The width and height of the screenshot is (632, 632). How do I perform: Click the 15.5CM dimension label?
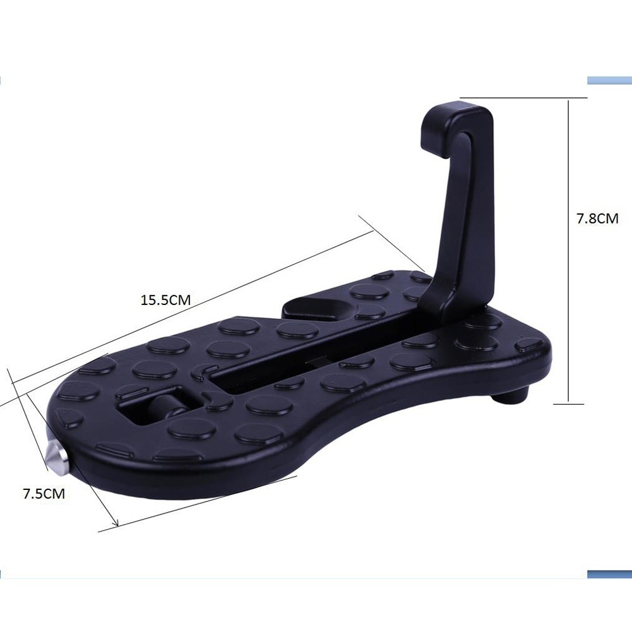(x=165, y=301)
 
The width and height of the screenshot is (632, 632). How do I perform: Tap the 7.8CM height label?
(x=597, y=219)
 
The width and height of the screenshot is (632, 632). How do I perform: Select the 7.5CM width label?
(x=44, y=494)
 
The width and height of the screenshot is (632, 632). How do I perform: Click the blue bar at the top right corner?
(x=609, y=81)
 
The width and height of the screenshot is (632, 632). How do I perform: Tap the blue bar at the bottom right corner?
(x=609, y=574)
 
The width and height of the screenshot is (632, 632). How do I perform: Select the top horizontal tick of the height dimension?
(x=524, y=98)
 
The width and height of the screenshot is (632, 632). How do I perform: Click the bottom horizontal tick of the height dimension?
(x=569, y=403)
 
